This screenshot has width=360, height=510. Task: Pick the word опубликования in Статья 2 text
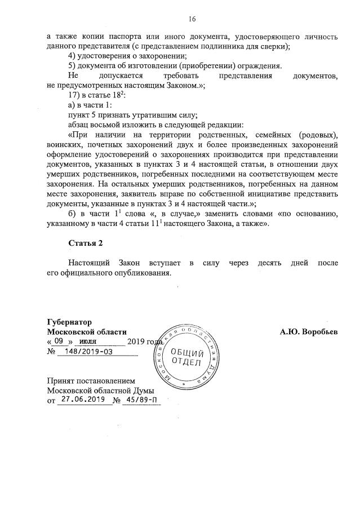(x=142, y=273)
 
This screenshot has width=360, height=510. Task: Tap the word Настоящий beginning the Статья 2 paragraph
(x=88, y=263)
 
